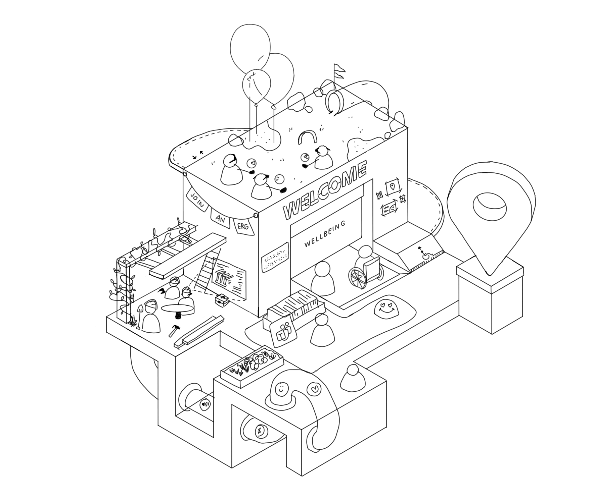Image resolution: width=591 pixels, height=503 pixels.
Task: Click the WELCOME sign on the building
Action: pyautogui.click(x=325, y=190)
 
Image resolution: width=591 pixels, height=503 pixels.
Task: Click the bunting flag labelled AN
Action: pyautogui.click(x=220, y=218)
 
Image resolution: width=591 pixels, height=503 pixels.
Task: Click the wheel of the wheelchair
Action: pyautogui.click(x=358, y=278)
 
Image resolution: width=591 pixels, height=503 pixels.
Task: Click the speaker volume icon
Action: pyautogui.click(x=205, y=404)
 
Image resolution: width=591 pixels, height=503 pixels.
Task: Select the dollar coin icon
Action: pyautogui.click(x=260, y=431)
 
